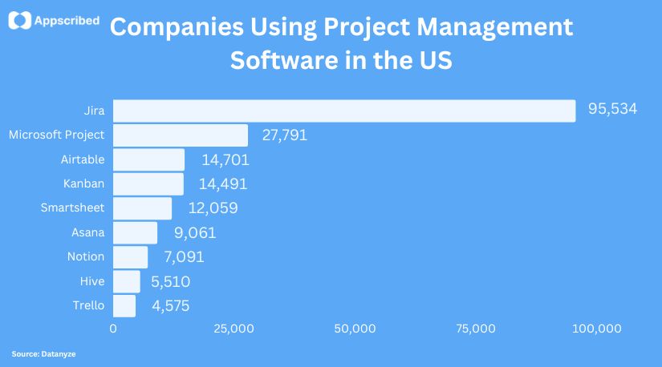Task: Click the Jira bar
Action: tap(344, 111)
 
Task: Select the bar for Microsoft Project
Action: tap(181, 135)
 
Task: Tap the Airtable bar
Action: tap(148, 159)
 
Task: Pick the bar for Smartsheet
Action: tap(142, 208)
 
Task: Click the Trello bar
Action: tap(124, 305)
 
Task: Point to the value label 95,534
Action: tap(612, 109)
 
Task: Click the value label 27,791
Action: tap(285, 135)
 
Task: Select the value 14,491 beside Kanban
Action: tap(223, 183)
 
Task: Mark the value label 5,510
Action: tap(170, 281)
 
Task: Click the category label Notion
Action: tap(86, 256)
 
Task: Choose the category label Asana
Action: tap(88, 232)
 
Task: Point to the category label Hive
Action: tap(92, 280)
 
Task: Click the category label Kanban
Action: tap(83, 183)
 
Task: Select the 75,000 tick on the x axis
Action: tap(475, 329)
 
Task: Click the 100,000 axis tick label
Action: tap(599, 329)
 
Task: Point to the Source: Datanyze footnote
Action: tap(38, 353)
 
